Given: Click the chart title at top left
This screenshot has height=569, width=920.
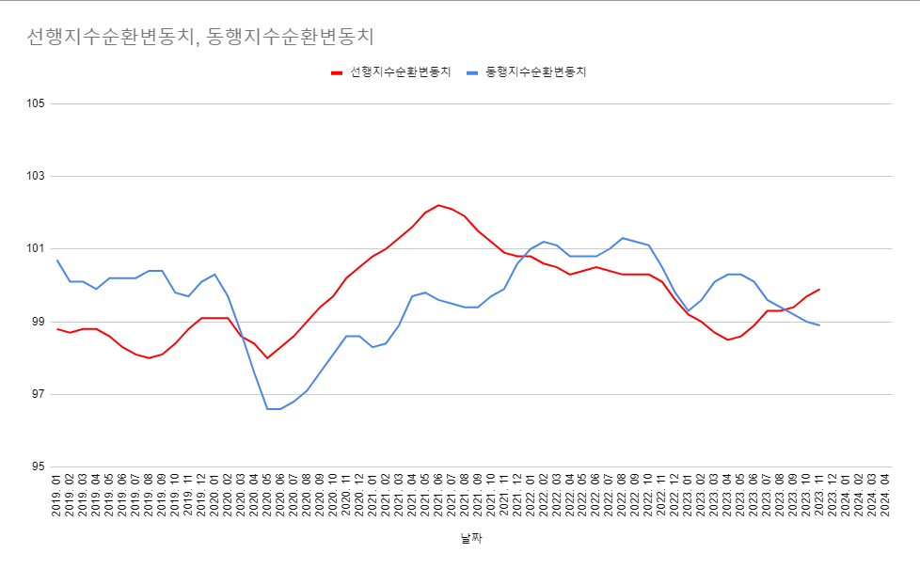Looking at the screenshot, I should pos(200,37).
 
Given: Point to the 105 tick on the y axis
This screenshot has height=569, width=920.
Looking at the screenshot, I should pos(35,103).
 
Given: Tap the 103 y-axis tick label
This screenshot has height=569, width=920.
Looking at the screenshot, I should pos(35,176).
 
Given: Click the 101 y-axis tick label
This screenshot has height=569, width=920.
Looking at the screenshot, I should pos(35,249).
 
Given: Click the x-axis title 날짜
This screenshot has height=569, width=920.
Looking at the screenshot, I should pos(471,539).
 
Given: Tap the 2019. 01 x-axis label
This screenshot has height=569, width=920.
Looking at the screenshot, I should pos(57,496).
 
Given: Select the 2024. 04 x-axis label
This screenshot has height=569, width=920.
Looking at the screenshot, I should pos(884,496).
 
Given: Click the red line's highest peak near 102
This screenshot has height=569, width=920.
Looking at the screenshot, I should pos(438,205).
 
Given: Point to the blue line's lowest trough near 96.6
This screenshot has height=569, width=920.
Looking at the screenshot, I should pos(274,409).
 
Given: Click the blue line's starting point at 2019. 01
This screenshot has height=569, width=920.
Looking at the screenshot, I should pos(57,261).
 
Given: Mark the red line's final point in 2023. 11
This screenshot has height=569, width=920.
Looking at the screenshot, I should pos(819,289).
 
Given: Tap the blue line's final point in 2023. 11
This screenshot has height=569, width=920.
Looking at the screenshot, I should pos(819,325).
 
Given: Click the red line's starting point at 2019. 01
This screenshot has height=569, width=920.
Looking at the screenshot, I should pos(57,329).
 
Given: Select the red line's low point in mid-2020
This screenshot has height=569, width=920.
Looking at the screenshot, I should pos(267,357).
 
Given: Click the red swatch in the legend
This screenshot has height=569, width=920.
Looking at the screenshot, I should pos(338,72).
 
